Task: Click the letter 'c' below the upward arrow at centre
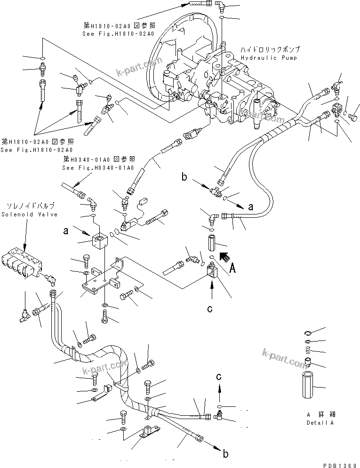coord(210,309)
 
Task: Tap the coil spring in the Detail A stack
coord(307,351)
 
